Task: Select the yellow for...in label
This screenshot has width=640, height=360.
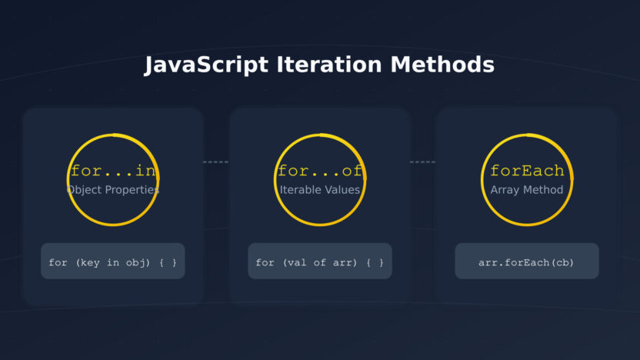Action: click(112, 171)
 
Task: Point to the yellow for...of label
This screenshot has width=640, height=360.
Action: click(319, 171)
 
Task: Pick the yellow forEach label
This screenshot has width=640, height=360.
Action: click(527, 171)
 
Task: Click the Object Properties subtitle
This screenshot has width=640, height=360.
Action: click(112, 189)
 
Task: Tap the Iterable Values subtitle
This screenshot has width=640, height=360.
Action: click(319, 189)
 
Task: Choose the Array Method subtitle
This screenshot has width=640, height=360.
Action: click(527, 189)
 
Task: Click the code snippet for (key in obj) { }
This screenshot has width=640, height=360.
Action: click(112, 262)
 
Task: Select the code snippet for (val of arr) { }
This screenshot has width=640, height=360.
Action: click(319, 262)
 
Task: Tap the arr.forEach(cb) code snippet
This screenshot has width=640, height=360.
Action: click(527, 262)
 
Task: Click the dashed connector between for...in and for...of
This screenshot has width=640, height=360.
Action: click(216, 162)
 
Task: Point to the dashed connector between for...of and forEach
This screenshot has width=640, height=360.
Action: click(422, 162)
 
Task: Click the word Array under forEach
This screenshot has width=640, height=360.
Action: click(505, 189)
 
